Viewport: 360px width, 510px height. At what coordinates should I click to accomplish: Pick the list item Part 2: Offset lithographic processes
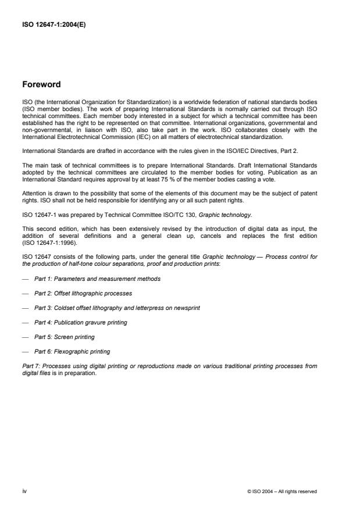(x=83, y=293)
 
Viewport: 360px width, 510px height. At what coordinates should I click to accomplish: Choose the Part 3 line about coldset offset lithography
(x=111, y=308)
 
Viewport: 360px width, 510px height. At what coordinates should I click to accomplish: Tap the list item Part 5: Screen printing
(x=64, y=337)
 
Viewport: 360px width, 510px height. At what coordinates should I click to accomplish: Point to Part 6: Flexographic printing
(x=72, y=351)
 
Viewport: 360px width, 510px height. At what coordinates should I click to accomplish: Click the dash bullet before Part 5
(x=25, y=337)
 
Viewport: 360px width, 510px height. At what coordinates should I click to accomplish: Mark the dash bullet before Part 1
(x=25, y=279)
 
